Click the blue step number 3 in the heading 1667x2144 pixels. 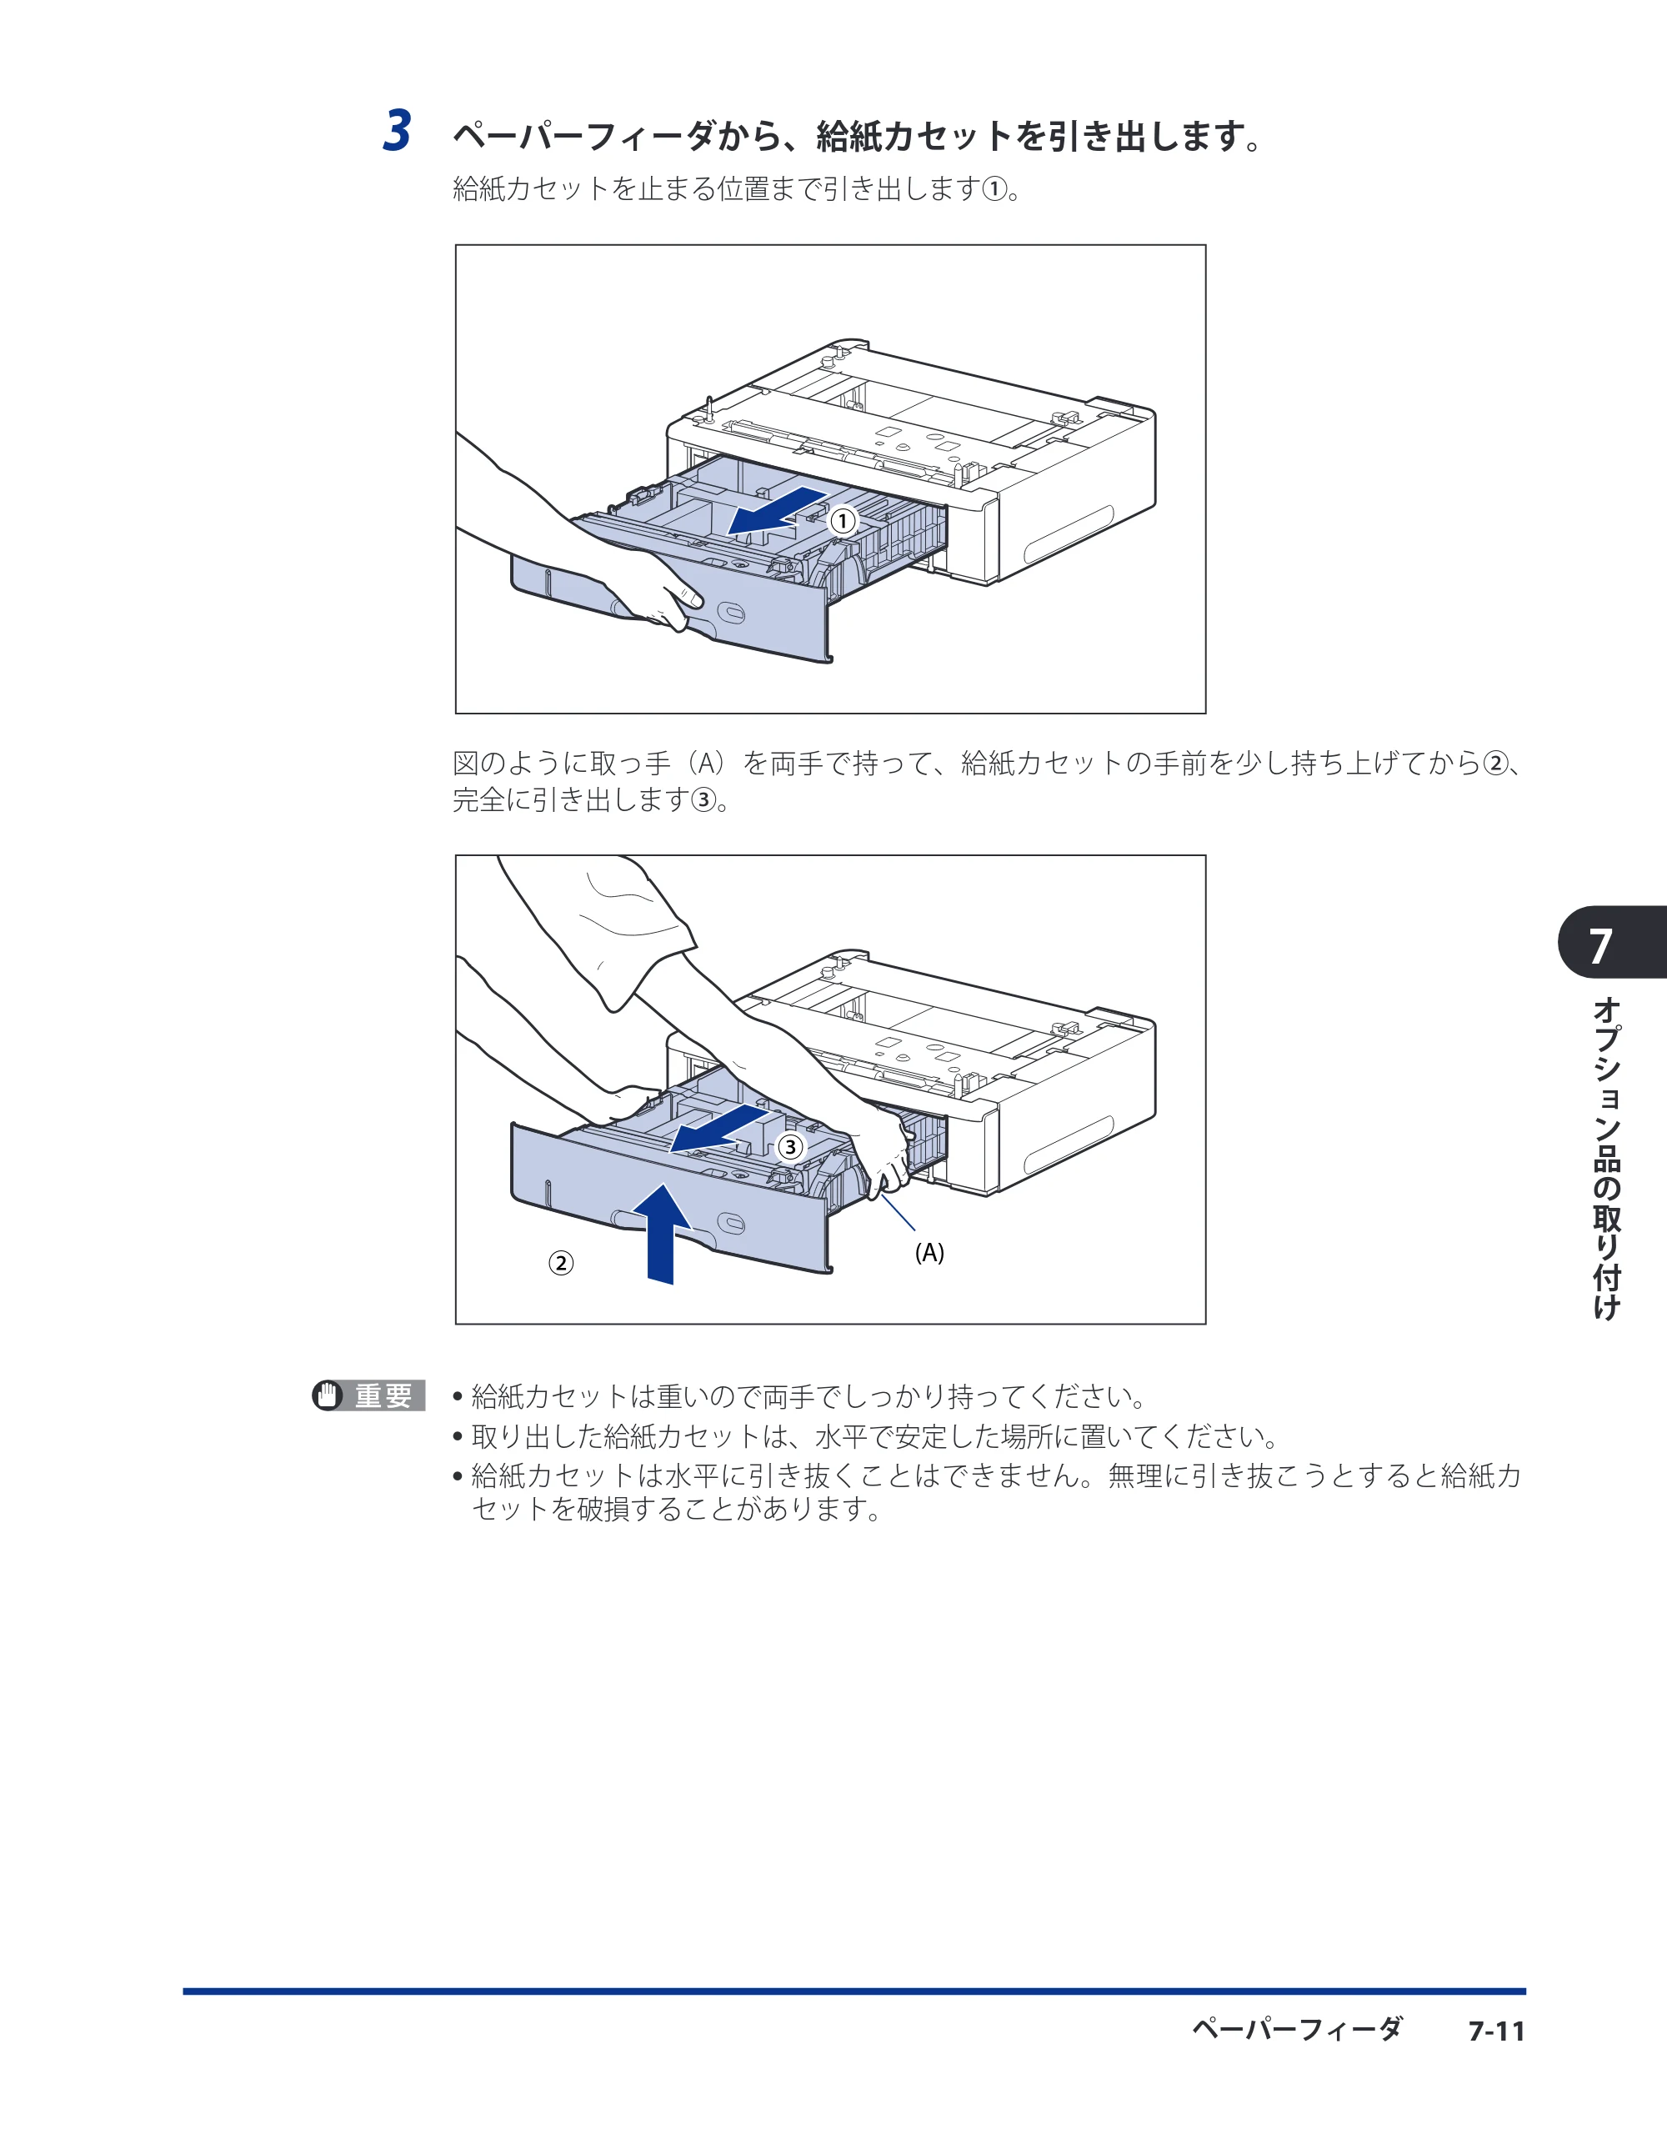point(397,132)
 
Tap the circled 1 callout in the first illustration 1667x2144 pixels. point(843,521)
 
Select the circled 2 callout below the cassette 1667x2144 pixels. point(561,1262)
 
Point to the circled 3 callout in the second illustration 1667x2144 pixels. point(790,1147)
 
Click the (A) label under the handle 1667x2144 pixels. point(929,1253)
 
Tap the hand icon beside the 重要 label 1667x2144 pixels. point(328,1395)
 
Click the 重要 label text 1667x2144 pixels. point(384,1395)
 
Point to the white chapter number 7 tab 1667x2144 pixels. point(1601,944)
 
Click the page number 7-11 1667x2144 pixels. point(1496,2031)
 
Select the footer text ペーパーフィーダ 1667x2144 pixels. point(1297,2029)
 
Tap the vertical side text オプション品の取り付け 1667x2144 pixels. point(1606,1159)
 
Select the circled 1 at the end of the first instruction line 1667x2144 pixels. point(994,188)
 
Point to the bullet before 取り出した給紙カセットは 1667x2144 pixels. point(458,1437)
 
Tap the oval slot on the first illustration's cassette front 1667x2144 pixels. point(732,613)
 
